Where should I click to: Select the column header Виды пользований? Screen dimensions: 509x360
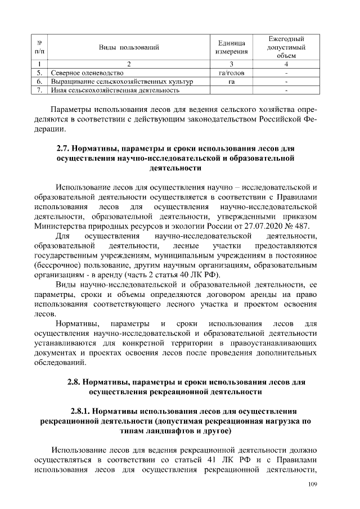129,47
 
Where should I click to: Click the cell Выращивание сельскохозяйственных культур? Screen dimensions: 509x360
122,82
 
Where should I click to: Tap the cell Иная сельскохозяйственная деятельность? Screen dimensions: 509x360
115,90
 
